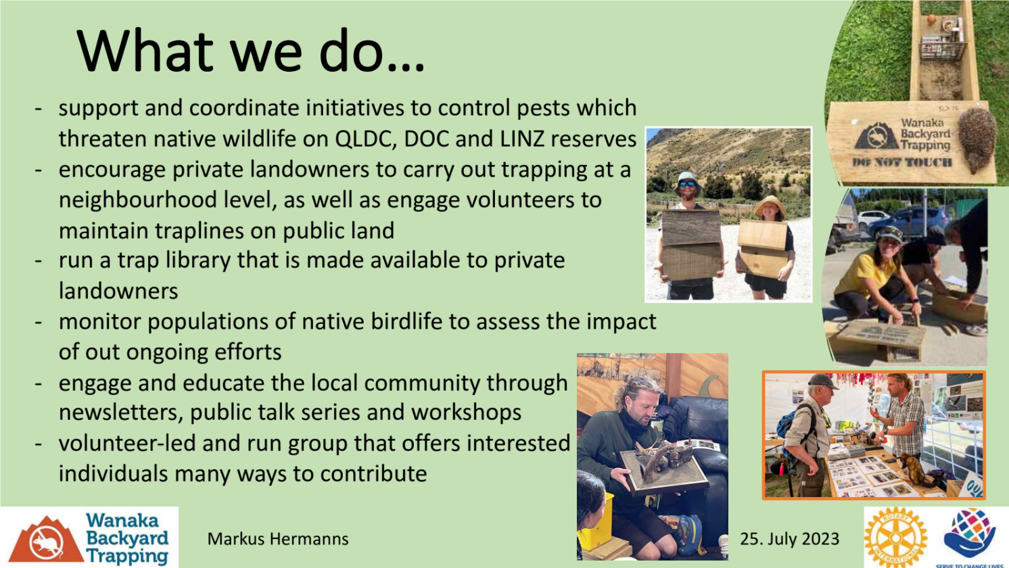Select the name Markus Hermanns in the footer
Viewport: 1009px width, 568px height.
tap(278, 539)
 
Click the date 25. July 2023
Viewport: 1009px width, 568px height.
tap(790, 539)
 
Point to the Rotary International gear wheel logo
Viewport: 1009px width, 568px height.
tap(895, 537)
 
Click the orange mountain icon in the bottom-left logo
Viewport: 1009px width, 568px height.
tap(47, 540)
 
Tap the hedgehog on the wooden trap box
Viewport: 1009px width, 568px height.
tap(977, 140)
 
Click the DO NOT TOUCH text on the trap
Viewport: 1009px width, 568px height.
tap(901, 162)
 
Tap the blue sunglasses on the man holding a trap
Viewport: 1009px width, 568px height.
tap(687, 184)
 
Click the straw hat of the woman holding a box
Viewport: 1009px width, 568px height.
tap(770, 206)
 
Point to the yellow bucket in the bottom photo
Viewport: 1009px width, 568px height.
tap(596, 523)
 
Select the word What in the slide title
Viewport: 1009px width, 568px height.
tap(145, 51)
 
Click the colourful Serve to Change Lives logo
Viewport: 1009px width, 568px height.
tap(969, 537)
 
